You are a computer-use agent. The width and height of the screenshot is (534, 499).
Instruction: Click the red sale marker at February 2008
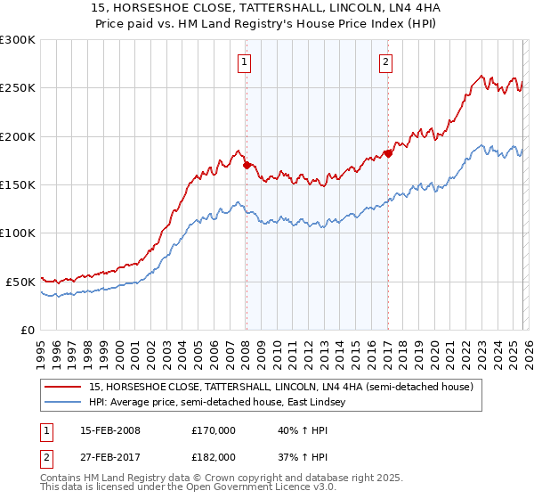pos(247,165)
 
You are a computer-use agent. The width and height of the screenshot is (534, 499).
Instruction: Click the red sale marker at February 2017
pos(388,153)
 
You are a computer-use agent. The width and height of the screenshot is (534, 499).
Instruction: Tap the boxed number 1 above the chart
pos(244,61)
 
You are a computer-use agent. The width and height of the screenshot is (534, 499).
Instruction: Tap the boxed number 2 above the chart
pos(385,61)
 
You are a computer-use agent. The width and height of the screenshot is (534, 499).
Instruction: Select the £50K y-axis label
pos(20,282)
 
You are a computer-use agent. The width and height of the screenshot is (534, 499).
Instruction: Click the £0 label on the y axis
pos(28,330)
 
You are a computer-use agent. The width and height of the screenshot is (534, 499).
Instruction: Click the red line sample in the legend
pos(64,387)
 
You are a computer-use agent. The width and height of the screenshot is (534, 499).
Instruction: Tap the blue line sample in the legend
pos(64,403)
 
